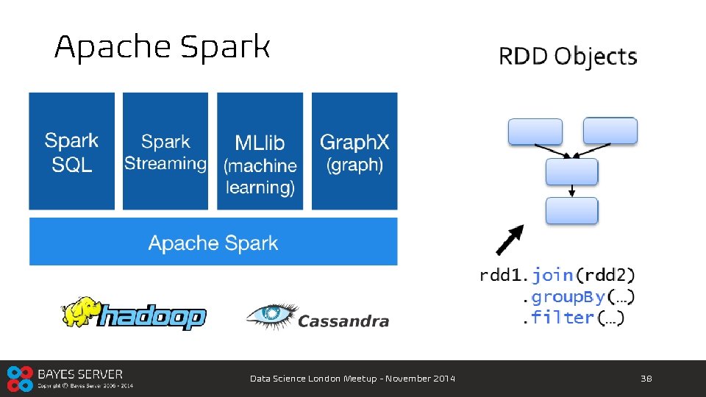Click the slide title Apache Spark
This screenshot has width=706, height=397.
[163, 48]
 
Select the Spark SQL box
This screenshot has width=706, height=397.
[72, 151]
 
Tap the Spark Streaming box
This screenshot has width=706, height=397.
[165, 151]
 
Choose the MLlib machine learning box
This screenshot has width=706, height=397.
[260, 151]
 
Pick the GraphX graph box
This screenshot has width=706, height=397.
[354, 151]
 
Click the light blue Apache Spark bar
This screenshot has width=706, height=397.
[213, 242]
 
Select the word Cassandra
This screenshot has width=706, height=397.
[343, 321]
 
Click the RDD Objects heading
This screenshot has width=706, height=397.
[568, 57]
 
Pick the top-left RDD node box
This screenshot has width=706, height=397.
[535, 132]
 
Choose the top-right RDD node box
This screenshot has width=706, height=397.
[610, 131]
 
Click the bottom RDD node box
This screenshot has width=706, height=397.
[571, 210]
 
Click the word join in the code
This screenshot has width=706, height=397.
[552, 275]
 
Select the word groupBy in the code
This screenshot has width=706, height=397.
[568, 297]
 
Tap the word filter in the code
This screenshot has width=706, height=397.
[563, 318]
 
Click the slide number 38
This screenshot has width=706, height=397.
[646, 379]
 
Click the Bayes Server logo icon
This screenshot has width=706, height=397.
[21, 378]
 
